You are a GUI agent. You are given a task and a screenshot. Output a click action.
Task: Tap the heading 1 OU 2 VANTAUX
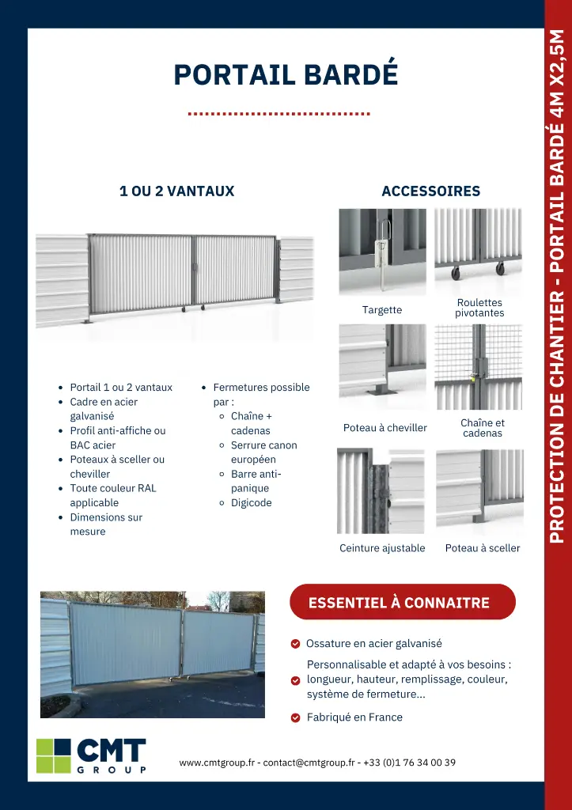click(176, 191)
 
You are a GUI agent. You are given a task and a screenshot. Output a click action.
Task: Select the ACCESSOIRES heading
click(430, 191)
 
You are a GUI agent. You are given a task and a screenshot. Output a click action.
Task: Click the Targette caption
click(382, 310)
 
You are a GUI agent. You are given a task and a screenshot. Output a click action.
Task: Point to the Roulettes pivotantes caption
click(479, 308)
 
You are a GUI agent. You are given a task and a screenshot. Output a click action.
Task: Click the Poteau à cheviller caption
click(384, 428)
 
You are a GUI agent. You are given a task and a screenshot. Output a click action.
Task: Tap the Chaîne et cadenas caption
click(483, 428)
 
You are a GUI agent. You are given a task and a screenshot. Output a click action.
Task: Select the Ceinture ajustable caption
click(382, 548)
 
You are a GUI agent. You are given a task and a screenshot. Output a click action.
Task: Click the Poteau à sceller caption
click(483, 548)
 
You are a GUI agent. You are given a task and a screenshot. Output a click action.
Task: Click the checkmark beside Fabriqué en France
click(295, 718)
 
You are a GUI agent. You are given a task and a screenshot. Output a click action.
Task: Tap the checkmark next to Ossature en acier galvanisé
click(295, 644)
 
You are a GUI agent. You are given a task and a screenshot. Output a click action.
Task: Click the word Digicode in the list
click(251, 503)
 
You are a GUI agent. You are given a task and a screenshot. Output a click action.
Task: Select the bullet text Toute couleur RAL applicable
click(113, 495)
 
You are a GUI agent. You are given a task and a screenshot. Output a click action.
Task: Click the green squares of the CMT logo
click(54, 755)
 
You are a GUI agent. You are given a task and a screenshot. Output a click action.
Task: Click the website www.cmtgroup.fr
click(217, 763)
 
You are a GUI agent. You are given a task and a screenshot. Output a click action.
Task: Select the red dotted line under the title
click(279, 114)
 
